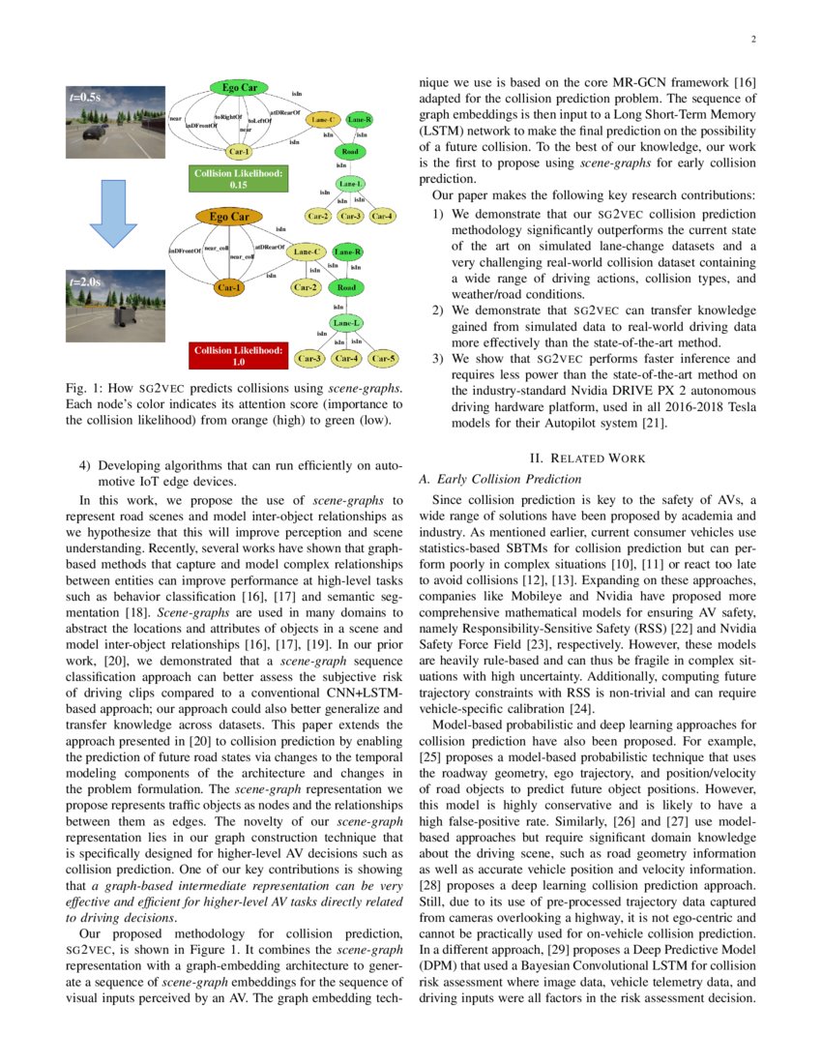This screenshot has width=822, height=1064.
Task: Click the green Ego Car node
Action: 239,88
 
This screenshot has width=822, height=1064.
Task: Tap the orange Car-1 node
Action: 229,287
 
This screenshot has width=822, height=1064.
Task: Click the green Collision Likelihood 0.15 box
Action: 237,178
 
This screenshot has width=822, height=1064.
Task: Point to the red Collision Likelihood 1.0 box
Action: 237,355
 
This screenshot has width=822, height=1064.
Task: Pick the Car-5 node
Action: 384,359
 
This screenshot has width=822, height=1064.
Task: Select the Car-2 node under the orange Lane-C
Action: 306,287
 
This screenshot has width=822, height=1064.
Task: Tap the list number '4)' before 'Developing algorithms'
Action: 85,465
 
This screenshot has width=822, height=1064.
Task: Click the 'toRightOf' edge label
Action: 227,117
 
